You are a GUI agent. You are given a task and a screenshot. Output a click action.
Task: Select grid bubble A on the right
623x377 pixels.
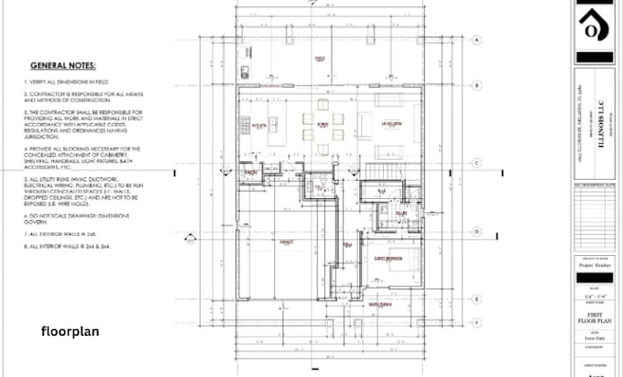point(477,40)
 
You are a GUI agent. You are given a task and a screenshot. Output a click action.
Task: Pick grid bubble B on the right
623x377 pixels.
point(477,85)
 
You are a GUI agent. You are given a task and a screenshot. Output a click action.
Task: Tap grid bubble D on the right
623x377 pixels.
point(477,232)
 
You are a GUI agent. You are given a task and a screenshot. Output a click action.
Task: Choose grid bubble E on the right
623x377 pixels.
point(477,299)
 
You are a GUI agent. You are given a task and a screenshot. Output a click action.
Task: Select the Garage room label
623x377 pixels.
point(287,242)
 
